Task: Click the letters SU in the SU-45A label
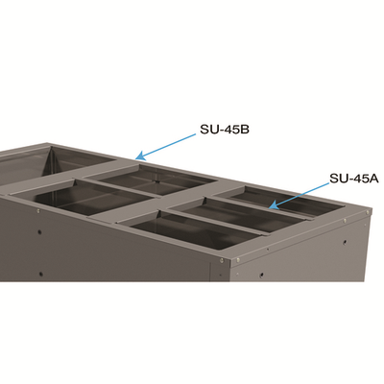tap(338, 177)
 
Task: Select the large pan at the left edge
tap(58, 197)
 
